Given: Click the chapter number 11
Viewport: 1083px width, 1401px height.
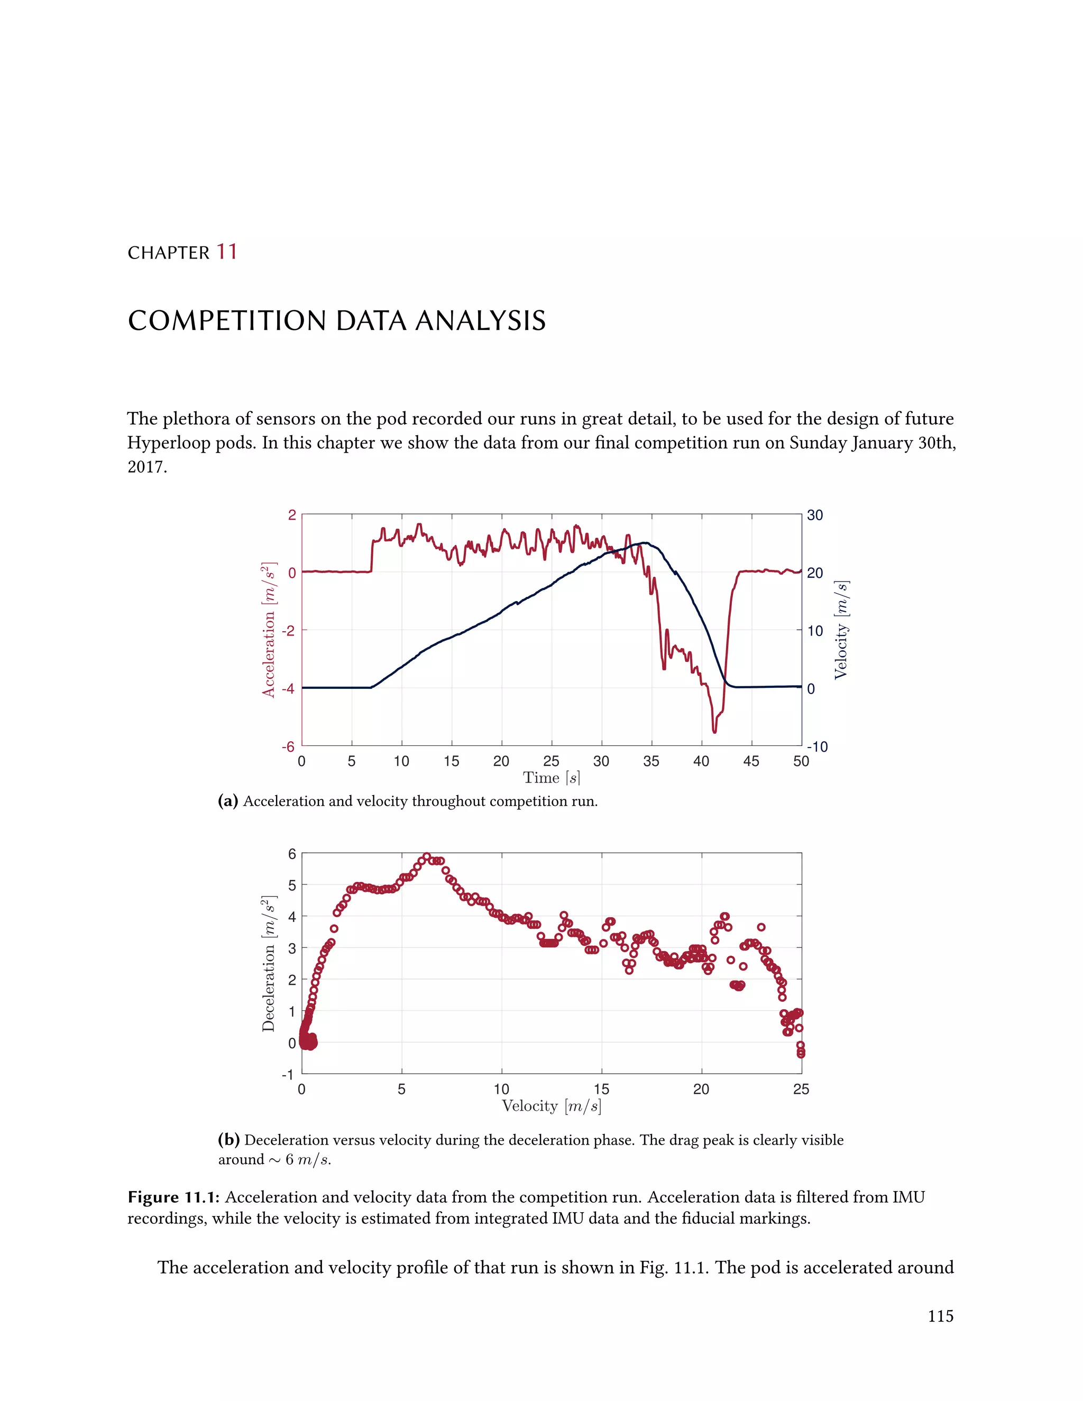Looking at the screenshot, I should coord(226,252).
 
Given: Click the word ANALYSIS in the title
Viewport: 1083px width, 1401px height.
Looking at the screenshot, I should coord(480,321).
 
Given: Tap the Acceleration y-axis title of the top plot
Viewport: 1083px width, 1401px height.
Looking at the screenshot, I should coord(268,630).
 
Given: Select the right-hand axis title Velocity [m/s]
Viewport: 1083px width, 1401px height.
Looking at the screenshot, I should coord(841,630).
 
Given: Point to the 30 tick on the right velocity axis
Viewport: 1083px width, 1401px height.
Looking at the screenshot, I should coord(815,515).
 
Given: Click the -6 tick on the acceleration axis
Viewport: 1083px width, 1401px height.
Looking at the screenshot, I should coord(288,746).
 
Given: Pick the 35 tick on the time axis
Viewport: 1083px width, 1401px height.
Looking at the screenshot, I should coord(651,761).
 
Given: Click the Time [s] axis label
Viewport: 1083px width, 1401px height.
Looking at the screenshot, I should coord(551,778).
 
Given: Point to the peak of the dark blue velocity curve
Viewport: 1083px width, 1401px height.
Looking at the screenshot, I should coord(645,543).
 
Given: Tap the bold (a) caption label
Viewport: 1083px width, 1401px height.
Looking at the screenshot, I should coord(228,801).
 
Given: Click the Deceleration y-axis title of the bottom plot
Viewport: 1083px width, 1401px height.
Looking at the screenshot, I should coord(268,963).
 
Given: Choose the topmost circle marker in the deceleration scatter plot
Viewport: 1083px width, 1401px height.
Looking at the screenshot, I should coord(427,856).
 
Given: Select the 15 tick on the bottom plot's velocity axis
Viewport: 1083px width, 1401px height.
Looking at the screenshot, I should coord(601,1089).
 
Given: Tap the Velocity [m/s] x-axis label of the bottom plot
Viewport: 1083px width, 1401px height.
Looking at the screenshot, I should coord(551,1106).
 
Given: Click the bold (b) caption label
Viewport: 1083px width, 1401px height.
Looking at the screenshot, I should coord(228,1140).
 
